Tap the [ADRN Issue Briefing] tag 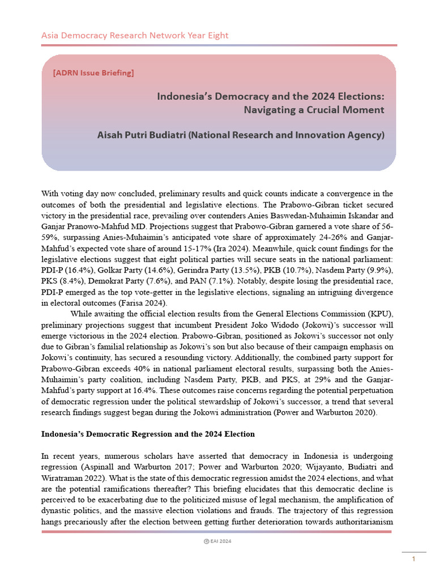click(x=93, y=72)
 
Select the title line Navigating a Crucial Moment click(x=314, y=109)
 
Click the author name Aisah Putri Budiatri click(x=150, y=135)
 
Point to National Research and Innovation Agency click(x=295, y=135)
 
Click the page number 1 click(x=414, y=560)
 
